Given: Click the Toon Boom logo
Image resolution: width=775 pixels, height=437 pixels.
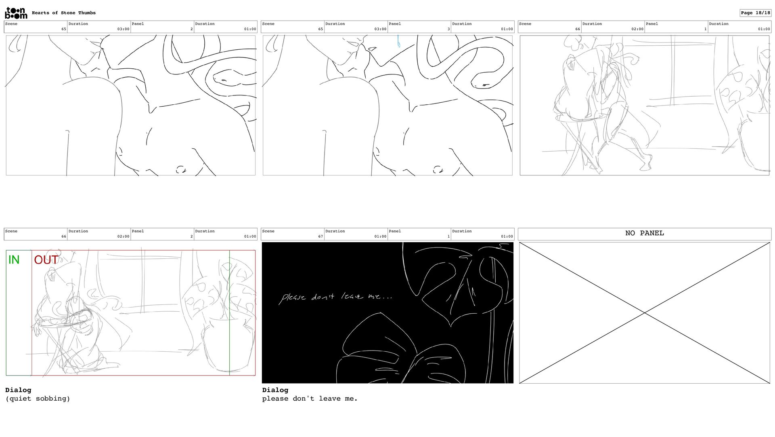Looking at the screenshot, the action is click(16, 13).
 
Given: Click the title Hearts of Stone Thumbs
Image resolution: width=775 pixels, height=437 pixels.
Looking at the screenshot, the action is click(64, 13).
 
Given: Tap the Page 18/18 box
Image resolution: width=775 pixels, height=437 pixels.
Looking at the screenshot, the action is click(755, 13).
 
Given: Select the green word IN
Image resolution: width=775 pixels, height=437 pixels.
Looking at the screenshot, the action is click(14, 260).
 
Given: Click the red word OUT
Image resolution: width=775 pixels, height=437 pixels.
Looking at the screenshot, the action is click(46, 260).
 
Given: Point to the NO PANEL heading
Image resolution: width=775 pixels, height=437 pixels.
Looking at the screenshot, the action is click(645, 233).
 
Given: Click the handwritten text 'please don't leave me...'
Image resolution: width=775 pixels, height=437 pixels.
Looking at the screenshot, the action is click(335, 297).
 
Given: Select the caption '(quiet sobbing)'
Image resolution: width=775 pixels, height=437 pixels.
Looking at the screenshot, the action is click(38, 399).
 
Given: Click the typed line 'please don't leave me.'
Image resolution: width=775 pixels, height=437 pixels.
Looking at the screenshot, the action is click(310, 399).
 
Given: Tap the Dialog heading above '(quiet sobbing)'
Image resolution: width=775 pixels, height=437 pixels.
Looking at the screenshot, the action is click(18, 390).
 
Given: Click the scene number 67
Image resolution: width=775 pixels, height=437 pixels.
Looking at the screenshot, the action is click(320, 236).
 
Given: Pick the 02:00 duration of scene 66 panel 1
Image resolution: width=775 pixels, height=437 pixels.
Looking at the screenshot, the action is click(637, 29).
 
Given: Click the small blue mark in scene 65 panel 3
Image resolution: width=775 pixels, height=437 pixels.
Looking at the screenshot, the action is click(398, 41).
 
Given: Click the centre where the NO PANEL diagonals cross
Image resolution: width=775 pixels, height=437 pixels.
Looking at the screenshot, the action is click(645, 313).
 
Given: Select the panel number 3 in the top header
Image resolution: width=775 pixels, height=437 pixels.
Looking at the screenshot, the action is click(448, 29).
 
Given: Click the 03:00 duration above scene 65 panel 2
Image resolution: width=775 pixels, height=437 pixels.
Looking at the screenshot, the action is click(124, 29).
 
